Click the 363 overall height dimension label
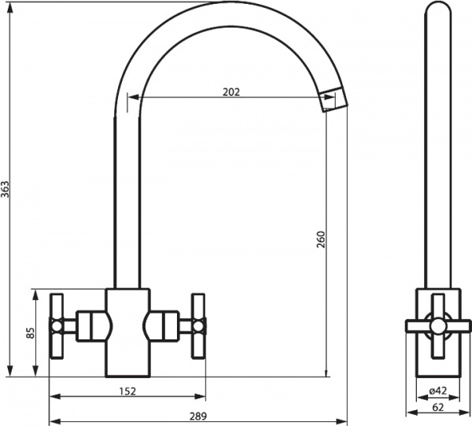6,189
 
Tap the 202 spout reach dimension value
231,92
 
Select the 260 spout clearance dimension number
321,239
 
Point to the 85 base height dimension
31,333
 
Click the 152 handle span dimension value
127,391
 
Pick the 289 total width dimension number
198,416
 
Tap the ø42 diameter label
437,391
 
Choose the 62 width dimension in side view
438,407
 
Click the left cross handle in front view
57,326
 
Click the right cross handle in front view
199,326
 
